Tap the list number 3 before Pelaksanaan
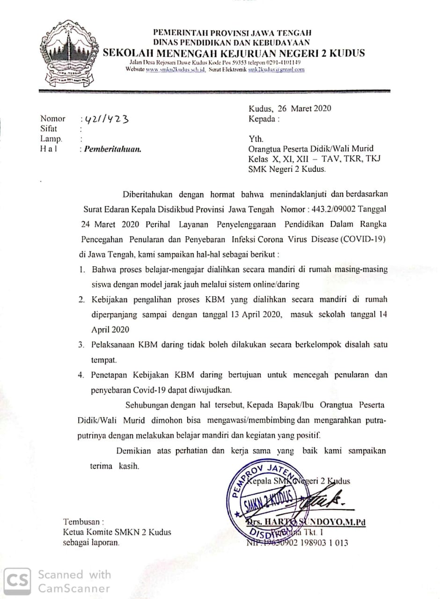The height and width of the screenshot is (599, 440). click(81, 345)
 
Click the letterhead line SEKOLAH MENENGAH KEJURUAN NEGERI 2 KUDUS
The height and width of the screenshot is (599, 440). click(233, 53)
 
